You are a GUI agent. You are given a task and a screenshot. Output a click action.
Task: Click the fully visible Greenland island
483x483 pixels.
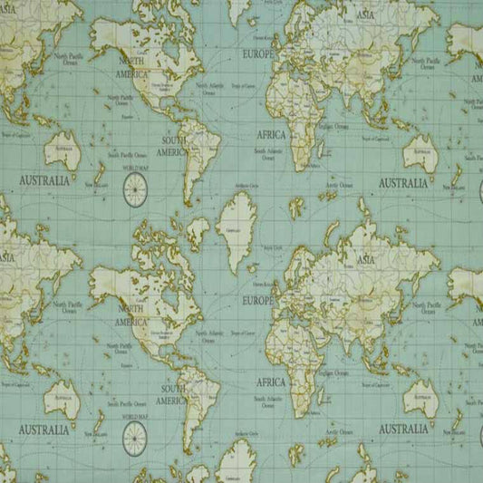[239, 231]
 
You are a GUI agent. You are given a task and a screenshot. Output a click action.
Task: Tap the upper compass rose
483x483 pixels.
[135, 188]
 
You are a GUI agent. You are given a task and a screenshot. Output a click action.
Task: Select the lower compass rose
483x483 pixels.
[135, 434]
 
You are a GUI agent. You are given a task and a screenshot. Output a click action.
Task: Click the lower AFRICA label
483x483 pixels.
[270, 382]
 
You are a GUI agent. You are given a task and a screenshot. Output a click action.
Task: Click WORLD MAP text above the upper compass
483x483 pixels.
[135, 169]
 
